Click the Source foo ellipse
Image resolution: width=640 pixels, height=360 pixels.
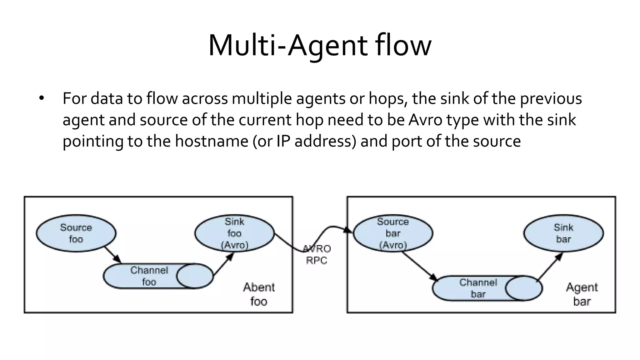pyautogui.click(x=76, y=233)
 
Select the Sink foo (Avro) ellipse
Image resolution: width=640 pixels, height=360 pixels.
pyautogui.click(x=234, y=233)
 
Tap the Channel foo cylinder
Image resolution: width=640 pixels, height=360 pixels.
pyautogui.click(x=149, y=276)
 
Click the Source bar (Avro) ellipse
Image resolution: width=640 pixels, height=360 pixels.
pyautogui.click(x=393, y=233)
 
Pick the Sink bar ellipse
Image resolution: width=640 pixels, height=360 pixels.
pyautogui.click(x=563, y=233)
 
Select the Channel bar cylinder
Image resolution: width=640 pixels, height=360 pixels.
pyautogui.click(x=478, y=288)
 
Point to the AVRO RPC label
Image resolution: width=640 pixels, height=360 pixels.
pyautogui.click(x=317, y=255)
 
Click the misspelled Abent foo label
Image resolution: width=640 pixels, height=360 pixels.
pyautogui.click(x=259, y=294)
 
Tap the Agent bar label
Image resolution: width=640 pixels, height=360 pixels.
pyautogui.click(x=582, y=294)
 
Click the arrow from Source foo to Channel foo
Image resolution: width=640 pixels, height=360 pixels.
pyautogui.click(x=112, y=255)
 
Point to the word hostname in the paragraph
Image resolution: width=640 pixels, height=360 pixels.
pyautogui.click(x=212, y=141)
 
